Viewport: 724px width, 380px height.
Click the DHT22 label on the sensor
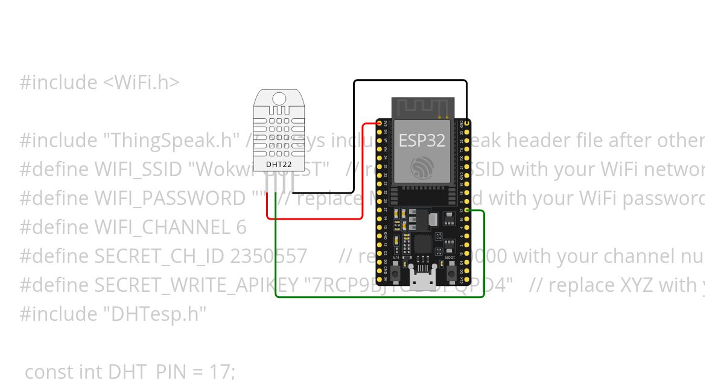click(x=276, y=163)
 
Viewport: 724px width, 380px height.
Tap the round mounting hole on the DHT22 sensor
click(x=279, y=98)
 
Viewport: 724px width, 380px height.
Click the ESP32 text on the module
click(x=422, y=141)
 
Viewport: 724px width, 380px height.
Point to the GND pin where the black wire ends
click(x=466, y=122)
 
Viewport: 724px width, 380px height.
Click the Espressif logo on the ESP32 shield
click(x=422, y=166)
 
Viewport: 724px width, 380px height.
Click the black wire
click(x=410, y=80)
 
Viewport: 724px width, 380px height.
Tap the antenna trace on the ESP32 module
click(x=422, y=107)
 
